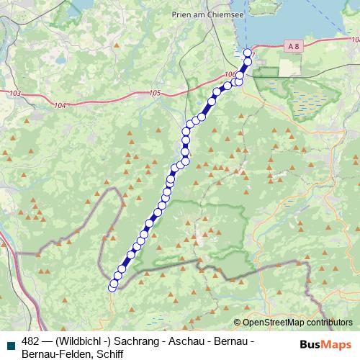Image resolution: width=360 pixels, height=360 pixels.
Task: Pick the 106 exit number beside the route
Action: (230, 74)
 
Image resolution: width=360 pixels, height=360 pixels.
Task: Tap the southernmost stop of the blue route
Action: (112, 287)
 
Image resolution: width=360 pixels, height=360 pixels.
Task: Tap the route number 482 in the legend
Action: (31, 341)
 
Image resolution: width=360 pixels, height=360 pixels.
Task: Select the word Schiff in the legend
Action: (119, 354)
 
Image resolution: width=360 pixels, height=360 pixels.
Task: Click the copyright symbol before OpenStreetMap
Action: (238, 323)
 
